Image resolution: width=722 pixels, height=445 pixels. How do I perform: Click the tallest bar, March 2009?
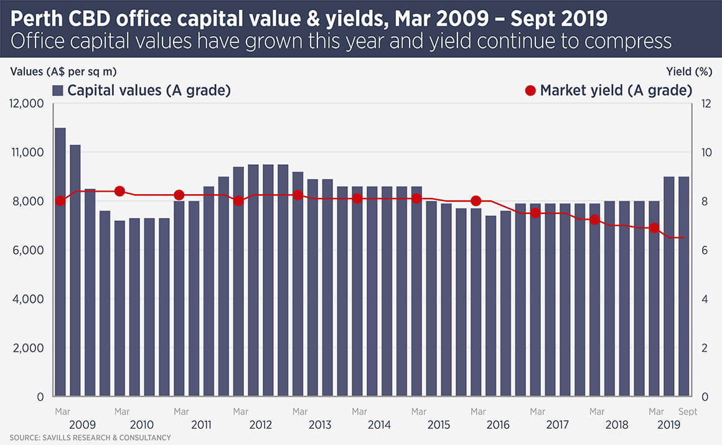coord(60,261)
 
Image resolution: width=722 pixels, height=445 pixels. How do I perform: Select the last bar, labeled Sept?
coord(683,286)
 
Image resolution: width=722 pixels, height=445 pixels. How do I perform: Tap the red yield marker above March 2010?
coord(120,191)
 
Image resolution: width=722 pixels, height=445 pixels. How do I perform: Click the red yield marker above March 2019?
coord(654,228)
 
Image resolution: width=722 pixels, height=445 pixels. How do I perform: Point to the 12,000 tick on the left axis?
coord(25,103)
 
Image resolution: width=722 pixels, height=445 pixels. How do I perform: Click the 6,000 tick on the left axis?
coord(28,250)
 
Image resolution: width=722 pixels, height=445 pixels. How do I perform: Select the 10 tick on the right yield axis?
coord(705,152)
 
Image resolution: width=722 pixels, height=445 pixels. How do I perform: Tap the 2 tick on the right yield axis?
coord(705,348)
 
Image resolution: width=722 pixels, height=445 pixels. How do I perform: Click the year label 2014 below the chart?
coord(379,425)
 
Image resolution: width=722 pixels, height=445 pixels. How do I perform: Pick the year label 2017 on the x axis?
coord(557,425)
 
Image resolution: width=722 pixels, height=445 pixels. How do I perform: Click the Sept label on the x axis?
coord(688,411)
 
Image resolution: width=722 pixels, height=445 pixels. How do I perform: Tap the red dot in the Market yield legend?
coord(530,90)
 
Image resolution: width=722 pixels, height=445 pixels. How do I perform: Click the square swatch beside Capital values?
coord(58,90)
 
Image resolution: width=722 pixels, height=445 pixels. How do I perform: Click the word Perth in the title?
coord(37,18)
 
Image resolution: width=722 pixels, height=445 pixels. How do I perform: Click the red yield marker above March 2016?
coord(476,200)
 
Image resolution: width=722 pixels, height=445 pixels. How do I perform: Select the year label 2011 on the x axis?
coord(200,425)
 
